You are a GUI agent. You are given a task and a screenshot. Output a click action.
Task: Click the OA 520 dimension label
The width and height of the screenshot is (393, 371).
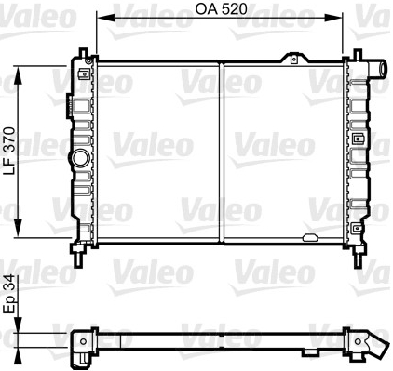[221, 9]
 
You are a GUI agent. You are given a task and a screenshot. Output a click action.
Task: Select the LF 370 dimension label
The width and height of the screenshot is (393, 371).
[9, 151]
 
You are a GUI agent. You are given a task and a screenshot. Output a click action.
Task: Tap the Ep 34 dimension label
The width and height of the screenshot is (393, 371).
[9, 294]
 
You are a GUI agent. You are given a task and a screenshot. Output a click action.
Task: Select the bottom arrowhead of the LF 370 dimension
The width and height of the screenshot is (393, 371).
[18, 229]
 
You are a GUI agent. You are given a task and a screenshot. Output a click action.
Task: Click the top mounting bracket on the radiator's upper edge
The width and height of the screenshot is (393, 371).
[294, 59]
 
